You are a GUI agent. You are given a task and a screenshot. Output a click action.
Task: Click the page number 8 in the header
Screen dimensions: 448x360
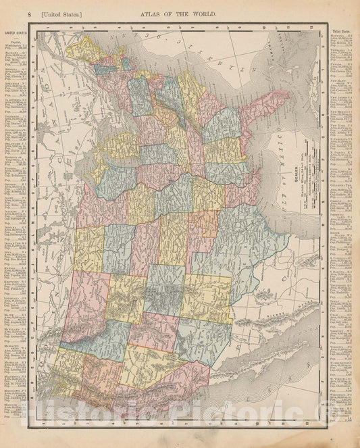12,14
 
